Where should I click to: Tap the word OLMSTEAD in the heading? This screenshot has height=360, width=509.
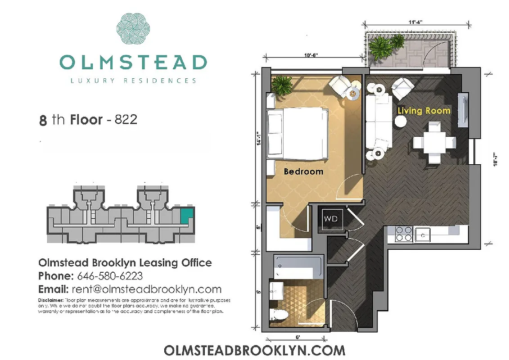[133, 63]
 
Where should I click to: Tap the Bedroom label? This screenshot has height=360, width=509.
[303, 171]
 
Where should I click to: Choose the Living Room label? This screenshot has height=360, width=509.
[423, 110]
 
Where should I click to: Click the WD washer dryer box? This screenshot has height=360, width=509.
[331, 219]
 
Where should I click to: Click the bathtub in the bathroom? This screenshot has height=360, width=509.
[297, 267]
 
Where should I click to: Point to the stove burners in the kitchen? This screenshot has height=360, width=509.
[403, 234]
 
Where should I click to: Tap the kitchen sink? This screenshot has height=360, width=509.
[423, 234]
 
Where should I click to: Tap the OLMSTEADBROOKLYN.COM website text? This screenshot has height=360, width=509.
[254, 350]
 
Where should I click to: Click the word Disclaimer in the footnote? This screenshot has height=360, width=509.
[50, 300]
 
